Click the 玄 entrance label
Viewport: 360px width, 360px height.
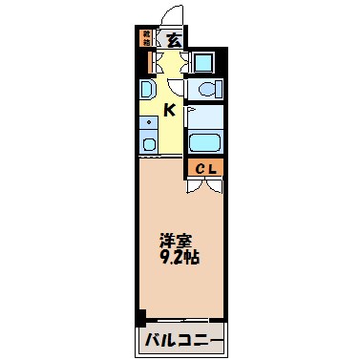tap(173, 40)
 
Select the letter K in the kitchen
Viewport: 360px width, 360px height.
tap(169, 110)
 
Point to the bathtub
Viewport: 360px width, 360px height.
tap(204, 144)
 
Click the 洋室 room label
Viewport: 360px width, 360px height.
tap(174, 242)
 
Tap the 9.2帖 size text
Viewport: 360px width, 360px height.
tap(178, 258)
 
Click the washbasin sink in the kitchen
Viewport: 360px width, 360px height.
tap(147, 92)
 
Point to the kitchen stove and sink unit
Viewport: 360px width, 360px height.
tap(148, 135)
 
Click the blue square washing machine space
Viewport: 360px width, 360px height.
tap(203, 63)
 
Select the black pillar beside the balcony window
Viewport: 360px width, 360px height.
tap(141, 318)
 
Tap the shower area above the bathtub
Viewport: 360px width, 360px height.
tap(204, 116)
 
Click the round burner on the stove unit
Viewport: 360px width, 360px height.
tap(148, 144)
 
